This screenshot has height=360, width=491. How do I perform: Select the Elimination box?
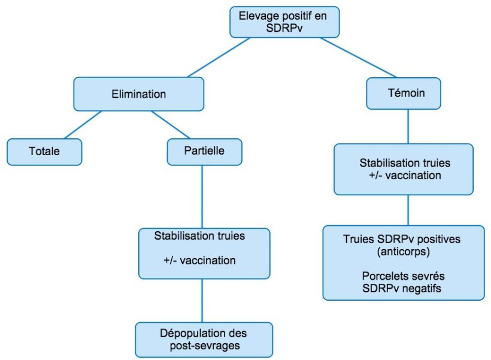click(138, 94)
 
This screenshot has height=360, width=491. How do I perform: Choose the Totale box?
click(44, 152)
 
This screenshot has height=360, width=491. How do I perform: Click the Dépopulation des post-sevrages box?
click(204, 340)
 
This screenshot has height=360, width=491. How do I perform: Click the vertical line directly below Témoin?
click(408, 126)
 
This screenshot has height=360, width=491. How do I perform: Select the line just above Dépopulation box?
click(202, 301)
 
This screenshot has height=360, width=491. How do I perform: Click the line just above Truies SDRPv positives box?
click(408, 210)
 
